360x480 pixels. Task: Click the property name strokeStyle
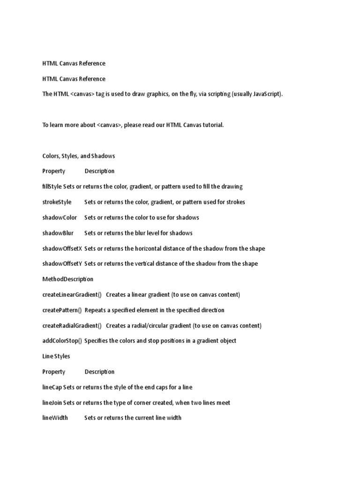57,202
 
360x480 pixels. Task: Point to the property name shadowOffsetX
62,248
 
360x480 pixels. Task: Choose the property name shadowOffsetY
62,263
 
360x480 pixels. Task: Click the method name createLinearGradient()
72,294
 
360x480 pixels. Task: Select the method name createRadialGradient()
72,325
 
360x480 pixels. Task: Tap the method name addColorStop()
62,341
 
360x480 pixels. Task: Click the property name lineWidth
55,418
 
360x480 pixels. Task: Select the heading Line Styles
56,356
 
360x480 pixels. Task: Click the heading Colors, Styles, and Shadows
79,156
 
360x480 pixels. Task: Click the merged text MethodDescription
68,279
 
